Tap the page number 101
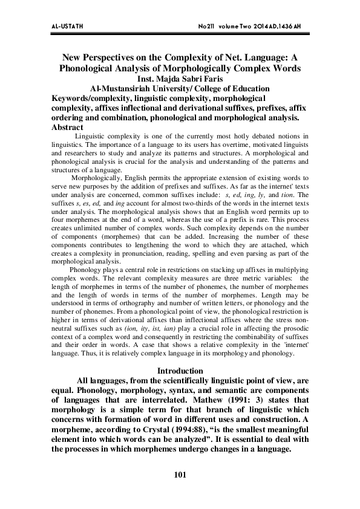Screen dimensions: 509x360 point(179,475)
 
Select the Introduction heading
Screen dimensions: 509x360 point(180,370)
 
